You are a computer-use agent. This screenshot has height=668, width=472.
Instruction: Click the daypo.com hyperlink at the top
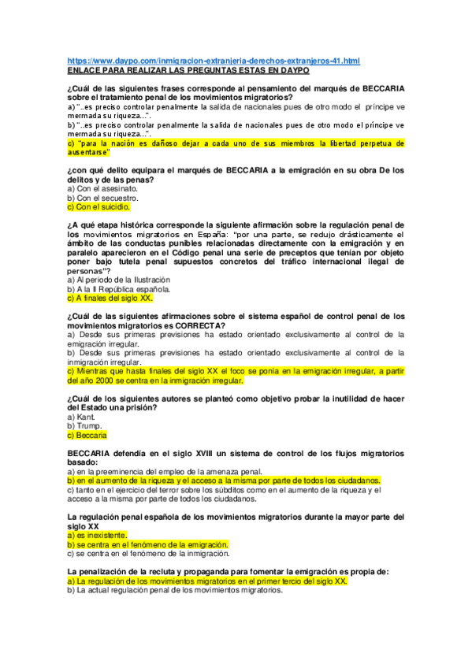point(214,60)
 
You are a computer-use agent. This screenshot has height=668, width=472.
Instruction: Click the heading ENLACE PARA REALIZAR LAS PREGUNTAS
point(189,69)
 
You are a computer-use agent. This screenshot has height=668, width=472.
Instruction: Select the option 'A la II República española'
point(118,289)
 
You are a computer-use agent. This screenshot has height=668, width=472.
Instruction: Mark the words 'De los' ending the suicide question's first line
point(390,170)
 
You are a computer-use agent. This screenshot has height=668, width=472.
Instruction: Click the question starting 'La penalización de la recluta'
point(229,570)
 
